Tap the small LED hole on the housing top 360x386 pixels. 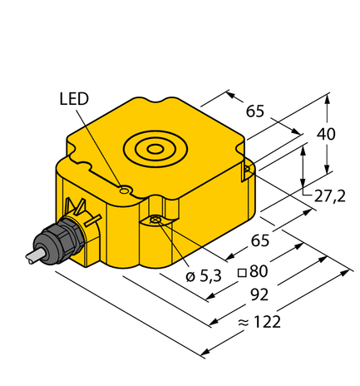pos(123,191)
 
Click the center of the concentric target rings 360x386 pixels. pos(155,150)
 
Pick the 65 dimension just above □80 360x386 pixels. pos(260,240)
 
